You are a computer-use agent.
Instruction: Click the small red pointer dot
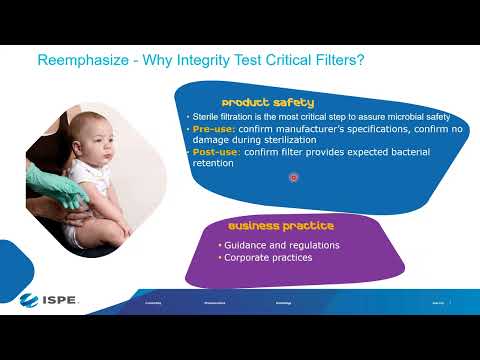pyautogui.click(x=294, y=177)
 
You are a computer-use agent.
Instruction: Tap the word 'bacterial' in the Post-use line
pyautogui.click(x=403, y=153)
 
